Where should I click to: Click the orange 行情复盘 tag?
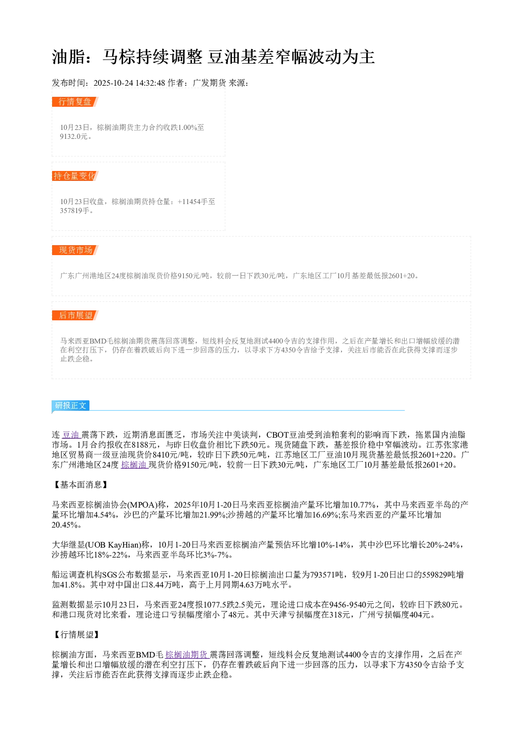[75, 102]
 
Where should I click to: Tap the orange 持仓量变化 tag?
[75, 176]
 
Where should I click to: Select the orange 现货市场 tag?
[75, 250]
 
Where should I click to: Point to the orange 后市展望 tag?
[75, 315]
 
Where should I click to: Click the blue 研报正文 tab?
[71, 406]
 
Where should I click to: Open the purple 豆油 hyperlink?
[71, 435]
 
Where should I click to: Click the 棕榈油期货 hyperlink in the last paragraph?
[186, 655]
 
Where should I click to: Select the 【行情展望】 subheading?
[77, 634]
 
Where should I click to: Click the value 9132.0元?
[74, 136]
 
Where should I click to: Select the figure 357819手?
[75, 210]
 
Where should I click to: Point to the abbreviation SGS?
[109, 575]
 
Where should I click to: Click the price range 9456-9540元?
[352, 605]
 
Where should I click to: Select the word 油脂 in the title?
[68, 57]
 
